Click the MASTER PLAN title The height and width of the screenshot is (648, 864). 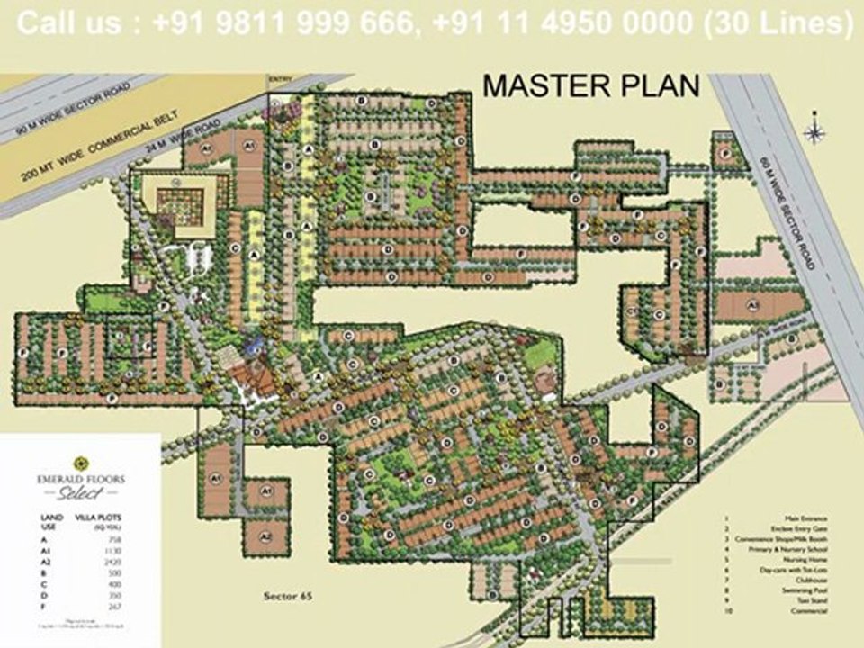click(x=590, y=86)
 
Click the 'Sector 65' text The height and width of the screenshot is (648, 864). click(x=287, y=596)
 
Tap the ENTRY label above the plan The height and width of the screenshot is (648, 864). click(x=281, y=80)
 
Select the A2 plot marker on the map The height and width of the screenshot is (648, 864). click(x=265, y=536)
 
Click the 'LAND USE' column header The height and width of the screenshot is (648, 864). click(x=51, y=523)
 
